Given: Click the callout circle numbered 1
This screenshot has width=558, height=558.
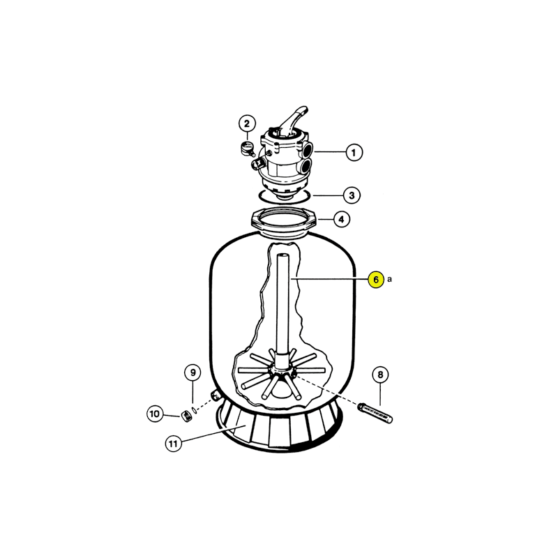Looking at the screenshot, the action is (x=354, y=153).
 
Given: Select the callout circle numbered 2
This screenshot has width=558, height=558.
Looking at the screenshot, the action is (x=247, y=124).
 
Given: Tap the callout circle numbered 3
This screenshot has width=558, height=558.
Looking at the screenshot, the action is (x=352, y=195).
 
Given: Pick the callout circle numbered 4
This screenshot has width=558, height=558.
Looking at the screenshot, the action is (x=342, y=220).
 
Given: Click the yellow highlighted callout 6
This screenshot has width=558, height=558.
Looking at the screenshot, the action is (x=376, y=280).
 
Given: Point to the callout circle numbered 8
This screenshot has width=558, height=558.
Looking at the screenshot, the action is (x=380, y=375).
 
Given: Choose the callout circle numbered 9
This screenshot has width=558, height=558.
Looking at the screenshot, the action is (x=193, y=372).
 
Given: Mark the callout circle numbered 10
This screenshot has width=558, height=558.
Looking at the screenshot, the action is (x=155, y=414).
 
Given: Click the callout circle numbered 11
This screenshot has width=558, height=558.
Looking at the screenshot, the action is (x=173, y=444).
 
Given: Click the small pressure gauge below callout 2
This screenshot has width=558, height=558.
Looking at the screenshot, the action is (x=247, y=149).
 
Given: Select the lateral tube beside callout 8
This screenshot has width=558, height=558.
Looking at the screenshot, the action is (x=375, y=413).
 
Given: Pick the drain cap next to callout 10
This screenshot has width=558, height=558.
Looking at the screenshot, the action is (x=186, y=416).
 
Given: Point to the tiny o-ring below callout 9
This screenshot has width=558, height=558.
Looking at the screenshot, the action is (x=194, y=410).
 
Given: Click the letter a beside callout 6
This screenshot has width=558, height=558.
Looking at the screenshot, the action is (x=389, y=280).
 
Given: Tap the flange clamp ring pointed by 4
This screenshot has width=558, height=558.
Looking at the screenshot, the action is (x=283, y=220).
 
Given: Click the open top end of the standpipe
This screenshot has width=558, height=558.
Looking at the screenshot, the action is (x=283, y=256).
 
